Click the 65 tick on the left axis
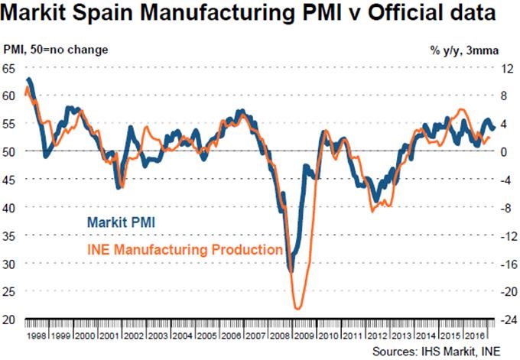point(10,68)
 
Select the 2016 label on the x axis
point(476,336)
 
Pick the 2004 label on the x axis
point(184,336)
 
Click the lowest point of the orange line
point(297,309)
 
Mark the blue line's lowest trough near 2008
point(291,270)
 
